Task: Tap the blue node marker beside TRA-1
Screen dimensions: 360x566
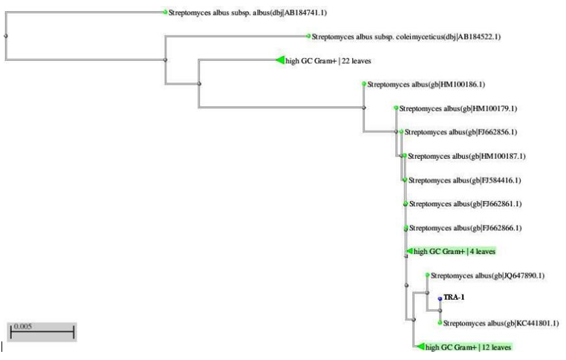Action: (x=440, y=299)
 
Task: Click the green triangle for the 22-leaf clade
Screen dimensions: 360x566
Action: (x=279, y=60)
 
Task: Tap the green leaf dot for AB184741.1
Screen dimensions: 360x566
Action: (x=165, y=12)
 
